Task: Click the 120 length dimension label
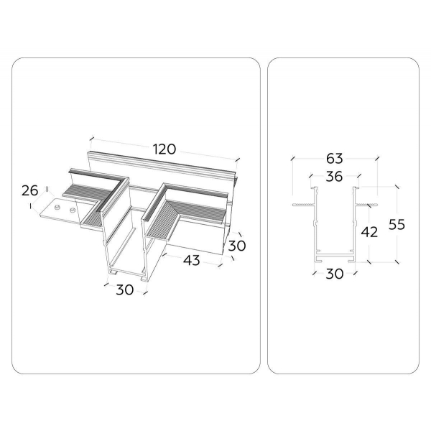pos(164,149)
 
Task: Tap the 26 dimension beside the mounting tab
pos(29,190)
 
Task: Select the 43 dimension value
pos(191,260)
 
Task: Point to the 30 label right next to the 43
pos(238,246)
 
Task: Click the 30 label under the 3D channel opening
pos(125,289)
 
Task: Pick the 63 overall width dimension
pos(334,158)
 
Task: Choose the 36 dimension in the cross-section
pos(334,177)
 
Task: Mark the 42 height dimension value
pos(368,232)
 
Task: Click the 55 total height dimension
pos(396,224)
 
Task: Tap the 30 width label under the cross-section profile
pos(334,274)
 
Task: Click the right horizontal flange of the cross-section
pos(366,205)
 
